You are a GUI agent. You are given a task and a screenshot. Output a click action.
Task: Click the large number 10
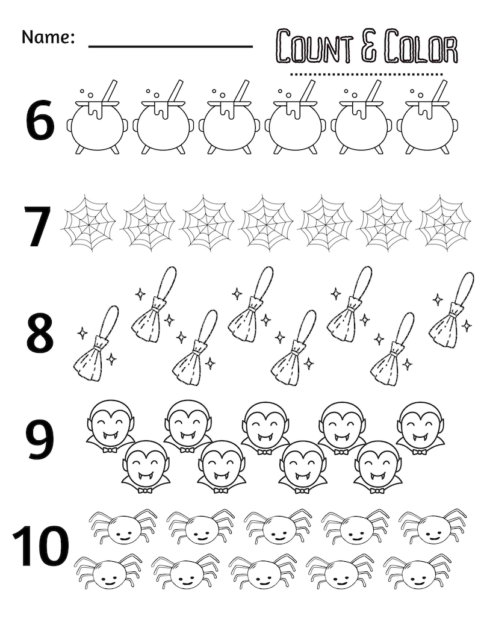[40, 547]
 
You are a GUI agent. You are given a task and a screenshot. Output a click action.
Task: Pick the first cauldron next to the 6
[96, 120]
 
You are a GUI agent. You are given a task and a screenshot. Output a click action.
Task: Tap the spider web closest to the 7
[89, 223]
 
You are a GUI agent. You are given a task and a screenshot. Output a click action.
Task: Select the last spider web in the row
[445, 223]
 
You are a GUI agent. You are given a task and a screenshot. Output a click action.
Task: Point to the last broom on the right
[452, 311]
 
